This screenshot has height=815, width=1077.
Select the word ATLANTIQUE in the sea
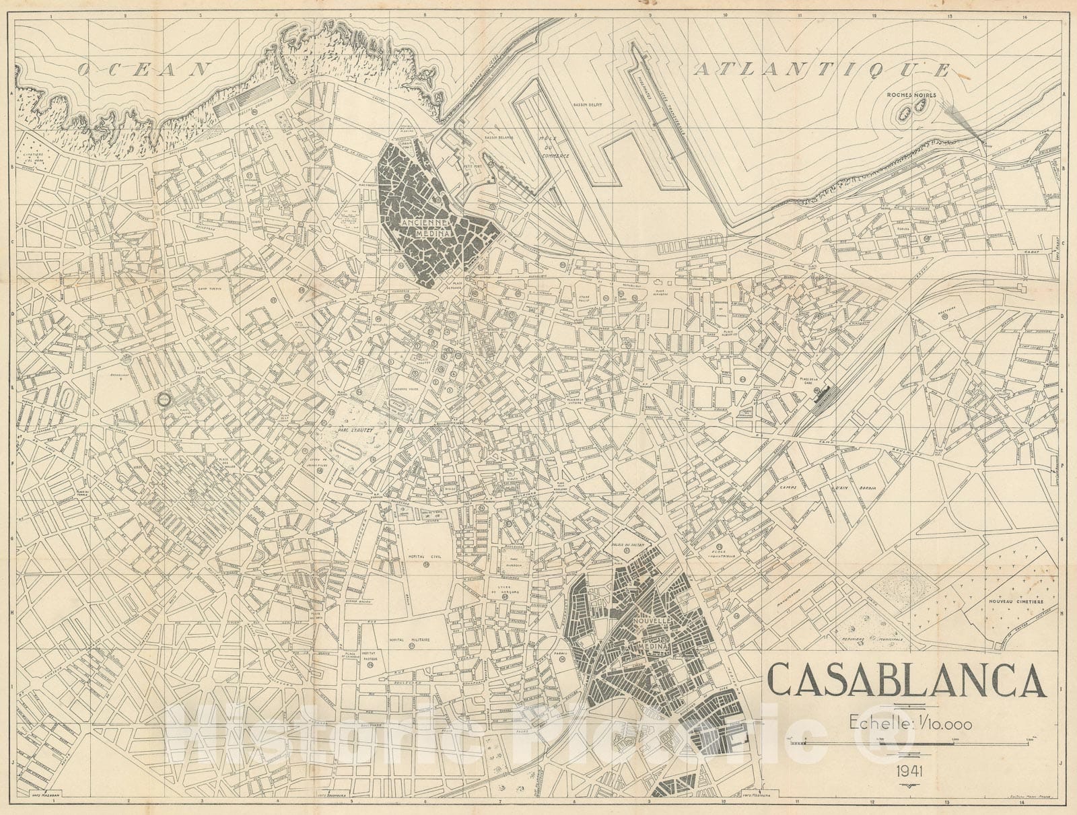coord(822,69)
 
